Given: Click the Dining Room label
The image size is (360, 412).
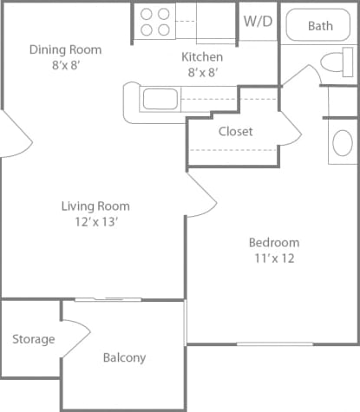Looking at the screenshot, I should (65, 49).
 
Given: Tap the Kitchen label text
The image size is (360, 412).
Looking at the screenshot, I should (202, 56).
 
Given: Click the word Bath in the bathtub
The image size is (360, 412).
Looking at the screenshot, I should (320, 26).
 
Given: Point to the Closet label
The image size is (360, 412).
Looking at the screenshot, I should (235, 132).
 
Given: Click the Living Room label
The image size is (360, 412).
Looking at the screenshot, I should (95, 206).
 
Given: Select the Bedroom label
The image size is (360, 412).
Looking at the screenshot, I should (274, 243).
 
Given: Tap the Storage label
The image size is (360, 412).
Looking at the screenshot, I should (34, 339).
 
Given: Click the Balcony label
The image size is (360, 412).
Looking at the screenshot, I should (124, 357).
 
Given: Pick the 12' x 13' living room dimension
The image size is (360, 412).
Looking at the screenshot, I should (95, 221).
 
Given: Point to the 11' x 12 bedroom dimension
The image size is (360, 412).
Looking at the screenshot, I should (274, 258).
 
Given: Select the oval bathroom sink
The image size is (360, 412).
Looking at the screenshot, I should (343, 142).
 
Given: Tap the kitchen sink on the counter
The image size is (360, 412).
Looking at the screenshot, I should (160, 99).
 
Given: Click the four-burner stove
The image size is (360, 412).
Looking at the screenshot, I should (154, 22).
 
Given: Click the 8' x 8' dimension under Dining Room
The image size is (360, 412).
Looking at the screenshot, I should (65, 64).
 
